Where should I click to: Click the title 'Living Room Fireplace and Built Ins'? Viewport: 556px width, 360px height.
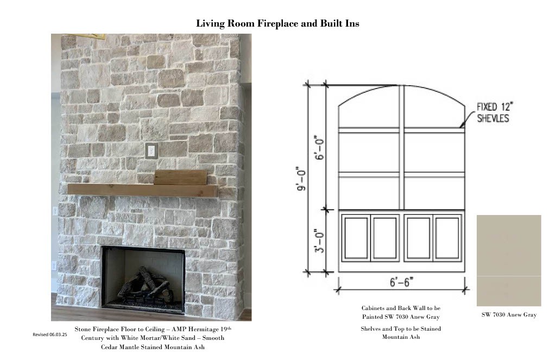tap(277, 23)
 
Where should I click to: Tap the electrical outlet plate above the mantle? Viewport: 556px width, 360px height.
tap(151, 151)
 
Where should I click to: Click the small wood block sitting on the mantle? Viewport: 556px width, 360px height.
tap(180, 178)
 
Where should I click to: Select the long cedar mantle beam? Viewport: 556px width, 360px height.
tap(143, 190)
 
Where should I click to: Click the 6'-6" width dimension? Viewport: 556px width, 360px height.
tap(401, 282)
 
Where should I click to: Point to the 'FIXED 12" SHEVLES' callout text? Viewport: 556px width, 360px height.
tap(495, 112)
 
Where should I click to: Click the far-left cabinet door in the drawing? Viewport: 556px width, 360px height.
tap(356, 238)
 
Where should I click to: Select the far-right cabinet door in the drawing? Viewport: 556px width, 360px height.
tap(447, 238)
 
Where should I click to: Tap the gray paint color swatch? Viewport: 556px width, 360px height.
tap(509, 260)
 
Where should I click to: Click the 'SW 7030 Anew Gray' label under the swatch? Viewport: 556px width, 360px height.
tap(509, 314)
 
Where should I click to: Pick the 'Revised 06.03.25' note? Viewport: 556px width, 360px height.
tap(49, 334)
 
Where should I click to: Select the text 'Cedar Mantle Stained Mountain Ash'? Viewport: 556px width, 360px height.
tap(153, 347)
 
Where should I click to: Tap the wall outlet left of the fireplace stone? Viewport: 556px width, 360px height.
tap(55, 211)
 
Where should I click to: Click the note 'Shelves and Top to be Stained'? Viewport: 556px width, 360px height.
tap(401, 329)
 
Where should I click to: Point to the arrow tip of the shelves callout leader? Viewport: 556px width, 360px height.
tap(460, 127)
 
